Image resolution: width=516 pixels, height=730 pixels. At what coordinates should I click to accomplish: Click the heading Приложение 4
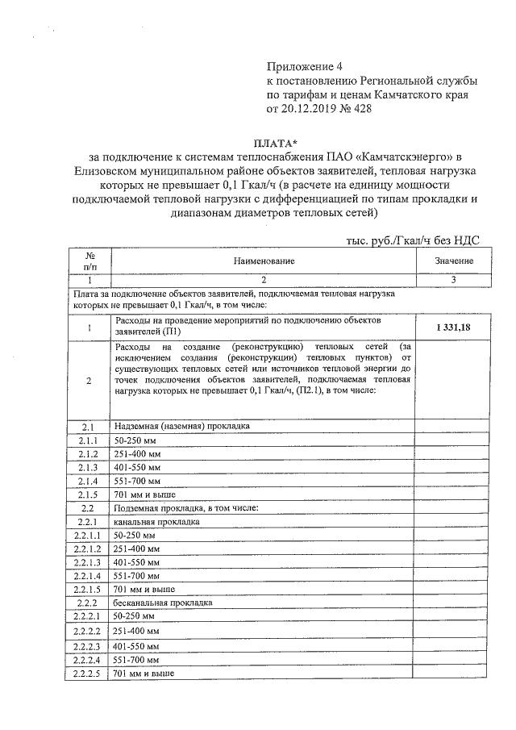coord(305,66)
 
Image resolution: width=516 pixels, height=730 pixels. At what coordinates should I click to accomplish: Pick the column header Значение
coord(454,261)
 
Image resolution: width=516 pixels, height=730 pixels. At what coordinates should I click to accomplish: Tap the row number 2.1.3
coord(89,467)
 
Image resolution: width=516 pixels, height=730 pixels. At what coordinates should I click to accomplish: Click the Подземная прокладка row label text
coord(185,507)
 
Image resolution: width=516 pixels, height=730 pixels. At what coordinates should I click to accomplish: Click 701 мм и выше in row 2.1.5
coord(145,494)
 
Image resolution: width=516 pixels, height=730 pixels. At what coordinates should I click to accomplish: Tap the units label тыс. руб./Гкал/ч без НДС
coord(413,240)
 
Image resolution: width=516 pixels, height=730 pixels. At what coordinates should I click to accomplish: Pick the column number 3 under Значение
coord(454,280)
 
